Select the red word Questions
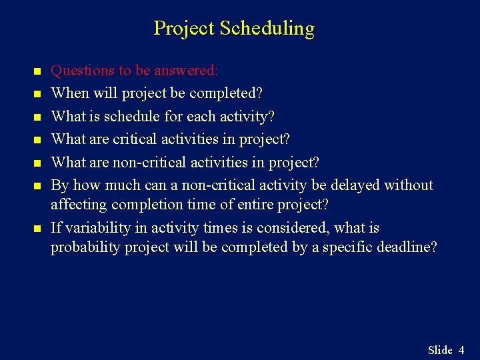pos(80,71)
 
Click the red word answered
pos(191,71)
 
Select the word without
pos(409,185)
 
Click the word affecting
pos(79,205)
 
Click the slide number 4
pos(461,350)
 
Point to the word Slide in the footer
pos(440,350)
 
